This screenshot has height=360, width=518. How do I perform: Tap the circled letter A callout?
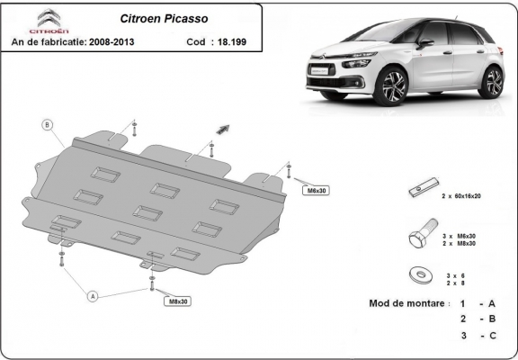click(x=92, y=294)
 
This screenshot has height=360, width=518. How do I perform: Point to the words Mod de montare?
click(x=407, y=303)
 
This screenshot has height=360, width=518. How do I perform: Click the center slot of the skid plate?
click(x=147, y=212)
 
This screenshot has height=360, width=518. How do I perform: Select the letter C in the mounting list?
click(x=493, y=336)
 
